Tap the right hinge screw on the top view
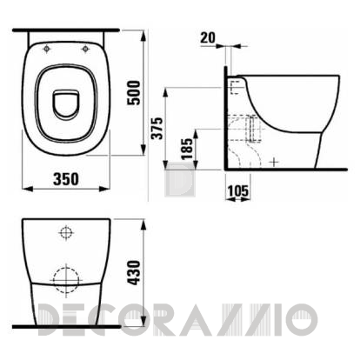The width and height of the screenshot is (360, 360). [x=84, y=49]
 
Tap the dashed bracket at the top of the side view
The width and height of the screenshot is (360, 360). [x=233, y=84]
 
